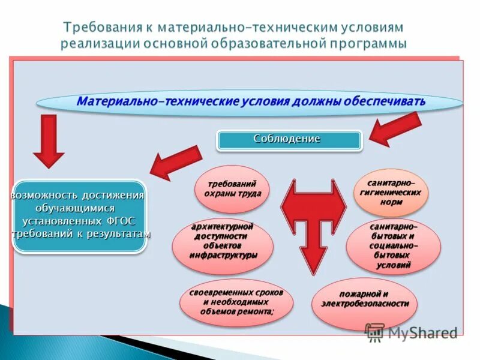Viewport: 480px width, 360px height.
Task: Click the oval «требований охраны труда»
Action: click(x=232, y=189)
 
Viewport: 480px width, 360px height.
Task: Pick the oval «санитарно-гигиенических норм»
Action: click(x=390, y=193)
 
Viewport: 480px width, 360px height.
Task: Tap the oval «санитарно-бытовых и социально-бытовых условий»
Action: click(x=394, y=246)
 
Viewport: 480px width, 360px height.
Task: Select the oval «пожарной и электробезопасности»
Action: click(x=364, y=299)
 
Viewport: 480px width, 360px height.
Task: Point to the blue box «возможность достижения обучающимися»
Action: click(x=79, y=215)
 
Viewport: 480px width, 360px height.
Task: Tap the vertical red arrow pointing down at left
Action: click(x=49, y=141)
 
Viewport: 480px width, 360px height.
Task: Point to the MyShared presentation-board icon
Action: click(x=374, y=332)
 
